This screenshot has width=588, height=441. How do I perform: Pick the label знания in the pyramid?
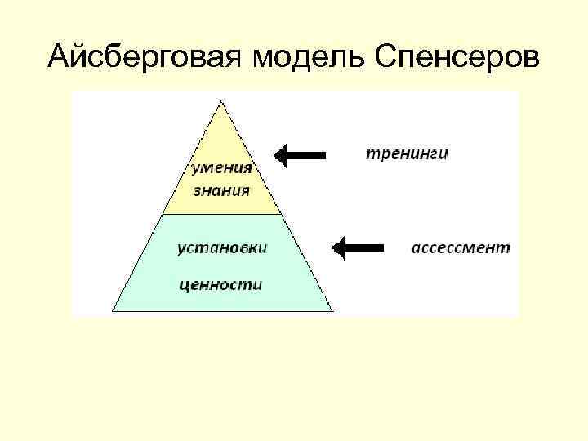(x=222, y=192)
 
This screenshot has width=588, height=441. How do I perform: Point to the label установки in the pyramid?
(x=222, y=247)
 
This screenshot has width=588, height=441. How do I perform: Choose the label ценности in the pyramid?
(x=221, y=284)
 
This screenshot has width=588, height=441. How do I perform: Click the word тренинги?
(x=406, y=153)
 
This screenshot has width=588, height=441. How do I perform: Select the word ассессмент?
(x=460, y=247)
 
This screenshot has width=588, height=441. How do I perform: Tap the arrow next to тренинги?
(x=300, y=155)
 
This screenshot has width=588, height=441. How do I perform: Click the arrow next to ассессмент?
(x=359, y=247)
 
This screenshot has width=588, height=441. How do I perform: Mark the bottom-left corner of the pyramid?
(x=113, y=310)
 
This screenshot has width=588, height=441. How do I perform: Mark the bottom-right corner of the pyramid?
(x=332, y=310)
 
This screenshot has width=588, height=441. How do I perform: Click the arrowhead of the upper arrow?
(x=281, y=155)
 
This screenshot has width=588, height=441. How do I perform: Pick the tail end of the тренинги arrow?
(x=324, y=155)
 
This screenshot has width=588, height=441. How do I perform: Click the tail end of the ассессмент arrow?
(x=382, y=247)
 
